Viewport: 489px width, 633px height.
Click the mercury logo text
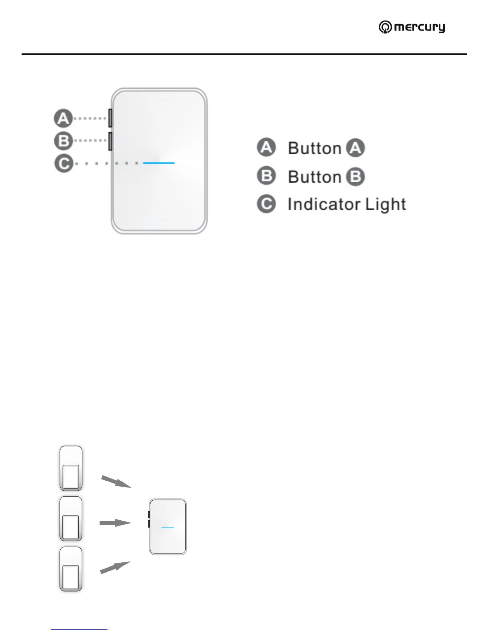tap(419, 27)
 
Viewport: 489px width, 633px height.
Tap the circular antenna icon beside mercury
tap(385, 27)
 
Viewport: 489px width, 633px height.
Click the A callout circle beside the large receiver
tap(63, 118)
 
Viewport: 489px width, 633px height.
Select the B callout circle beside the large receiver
tap(63, 141)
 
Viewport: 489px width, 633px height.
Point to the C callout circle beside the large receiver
tap(63, 163)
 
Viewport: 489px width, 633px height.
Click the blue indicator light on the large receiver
tap(159, 163)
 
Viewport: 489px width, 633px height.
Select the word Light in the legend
tap(386, 204)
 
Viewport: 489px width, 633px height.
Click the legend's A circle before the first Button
tap(266, 147)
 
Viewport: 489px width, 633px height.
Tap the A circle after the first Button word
tap(355, 148)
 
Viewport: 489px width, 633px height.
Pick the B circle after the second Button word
tap(355, 177)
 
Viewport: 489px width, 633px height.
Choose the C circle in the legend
tap(266, 204)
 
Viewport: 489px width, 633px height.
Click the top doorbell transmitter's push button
tap(71, 477)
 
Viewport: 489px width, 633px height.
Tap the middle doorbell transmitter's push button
tap(71, 527)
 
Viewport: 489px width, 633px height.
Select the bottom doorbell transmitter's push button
tap(71, 577)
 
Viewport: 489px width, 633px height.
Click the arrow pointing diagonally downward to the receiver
tap(116, 482)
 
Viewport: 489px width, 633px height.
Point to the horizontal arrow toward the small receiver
tap(115, 523)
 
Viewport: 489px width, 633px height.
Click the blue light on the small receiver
tap(168, 528)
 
